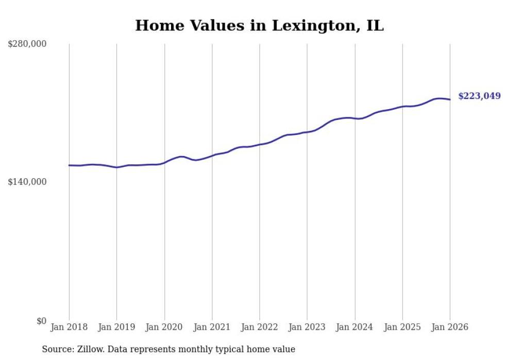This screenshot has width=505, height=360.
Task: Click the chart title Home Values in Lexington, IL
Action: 259,26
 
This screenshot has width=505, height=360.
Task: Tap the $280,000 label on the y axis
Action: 27,44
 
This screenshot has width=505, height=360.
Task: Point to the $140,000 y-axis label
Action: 27,182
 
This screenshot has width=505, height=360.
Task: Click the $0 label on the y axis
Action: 41,321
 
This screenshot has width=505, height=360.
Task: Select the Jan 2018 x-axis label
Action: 69,327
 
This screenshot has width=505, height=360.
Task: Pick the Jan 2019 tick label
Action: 116,327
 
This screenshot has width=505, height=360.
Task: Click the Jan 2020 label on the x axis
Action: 164,327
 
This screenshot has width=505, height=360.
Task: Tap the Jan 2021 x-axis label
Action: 212,327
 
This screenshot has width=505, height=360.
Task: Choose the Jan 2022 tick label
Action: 260,327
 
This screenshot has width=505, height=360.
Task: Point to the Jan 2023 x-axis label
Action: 307,327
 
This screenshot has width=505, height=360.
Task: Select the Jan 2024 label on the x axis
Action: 355,327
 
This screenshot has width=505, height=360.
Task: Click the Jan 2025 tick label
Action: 402,327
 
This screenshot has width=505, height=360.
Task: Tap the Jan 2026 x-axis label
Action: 450,327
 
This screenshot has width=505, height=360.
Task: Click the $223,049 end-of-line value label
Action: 479,96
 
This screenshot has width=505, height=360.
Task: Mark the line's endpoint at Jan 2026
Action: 450,99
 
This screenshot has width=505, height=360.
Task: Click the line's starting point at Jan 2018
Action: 69,165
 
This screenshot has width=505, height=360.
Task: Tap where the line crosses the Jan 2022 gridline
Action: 260,144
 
